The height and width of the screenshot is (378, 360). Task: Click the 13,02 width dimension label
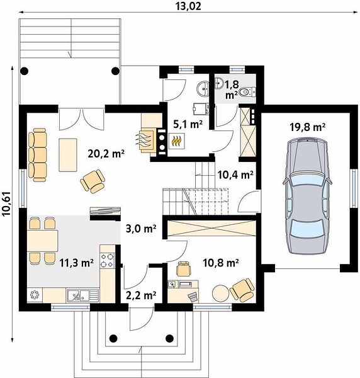coord(188,6)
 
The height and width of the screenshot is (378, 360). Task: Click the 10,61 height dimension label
coord(6,203)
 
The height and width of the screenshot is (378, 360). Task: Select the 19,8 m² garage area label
coord(307,127)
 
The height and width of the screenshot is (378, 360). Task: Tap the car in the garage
coord(307,195)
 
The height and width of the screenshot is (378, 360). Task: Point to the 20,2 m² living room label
coord(106,153)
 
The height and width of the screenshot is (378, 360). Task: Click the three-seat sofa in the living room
coord(37,155)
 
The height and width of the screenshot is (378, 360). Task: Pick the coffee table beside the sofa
coord(68,155)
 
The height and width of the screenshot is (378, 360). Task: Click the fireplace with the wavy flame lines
coord(147,140)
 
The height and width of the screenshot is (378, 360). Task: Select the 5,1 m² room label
coord(188,124)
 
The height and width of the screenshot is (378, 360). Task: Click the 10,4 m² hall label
coord(235,175)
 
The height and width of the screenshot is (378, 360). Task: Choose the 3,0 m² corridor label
coord(141,228)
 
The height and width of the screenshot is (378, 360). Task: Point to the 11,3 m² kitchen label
coord(76,263)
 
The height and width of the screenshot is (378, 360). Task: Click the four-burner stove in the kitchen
coord(107,260)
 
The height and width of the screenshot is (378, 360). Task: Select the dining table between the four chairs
coord(43,241)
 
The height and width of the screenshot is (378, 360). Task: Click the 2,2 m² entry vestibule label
coord(141,295)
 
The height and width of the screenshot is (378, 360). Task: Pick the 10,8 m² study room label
coord(221,263)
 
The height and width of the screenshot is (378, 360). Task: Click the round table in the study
coord(220,293)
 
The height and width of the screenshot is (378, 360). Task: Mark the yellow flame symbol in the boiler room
coord(176,140)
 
